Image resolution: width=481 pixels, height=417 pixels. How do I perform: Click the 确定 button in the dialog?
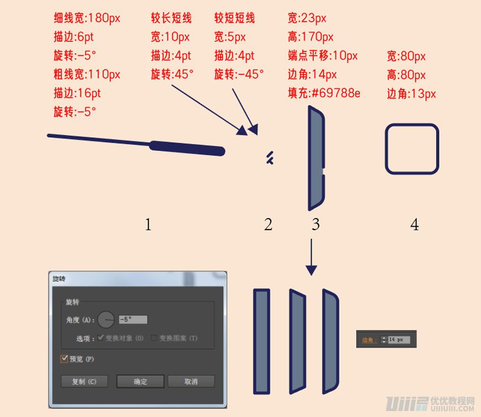[140, 382]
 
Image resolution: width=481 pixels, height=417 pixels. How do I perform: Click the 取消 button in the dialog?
[191, 382]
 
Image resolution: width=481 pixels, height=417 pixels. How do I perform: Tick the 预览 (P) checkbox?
[64, 359]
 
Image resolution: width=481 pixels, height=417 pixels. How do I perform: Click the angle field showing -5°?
[133, 320]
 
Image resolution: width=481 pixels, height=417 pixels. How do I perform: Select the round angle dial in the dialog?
[106, 319]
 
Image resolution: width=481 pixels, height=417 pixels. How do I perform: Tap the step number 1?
[148, 225]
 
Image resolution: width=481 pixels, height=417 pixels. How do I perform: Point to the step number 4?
[414, 225]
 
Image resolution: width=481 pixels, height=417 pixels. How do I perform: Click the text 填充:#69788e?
[324, 93]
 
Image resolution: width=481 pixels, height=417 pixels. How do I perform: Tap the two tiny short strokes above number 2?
[269, 158]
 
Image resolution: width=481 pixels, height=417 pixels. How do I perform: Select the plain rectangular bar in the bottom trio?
[262, 341]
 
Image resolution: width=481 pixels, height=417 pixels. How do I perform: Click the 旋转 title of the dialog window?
[59, 279]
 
